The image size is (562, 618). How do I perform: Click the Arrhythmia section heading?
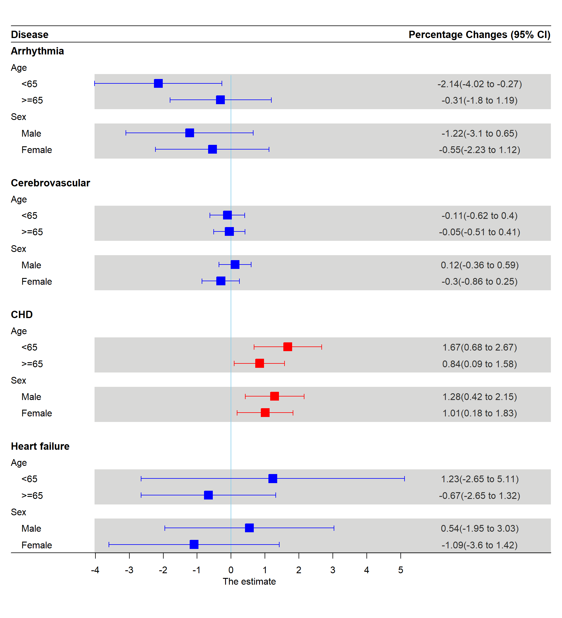click(37, 51)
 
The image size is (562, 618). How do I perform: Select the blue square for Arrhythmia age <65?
click(158, 83)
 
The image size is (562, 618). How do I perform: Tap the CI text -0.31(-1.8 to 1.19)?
click(479, 100)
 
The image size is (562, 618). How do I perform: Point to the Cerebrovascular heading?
click(50, 183)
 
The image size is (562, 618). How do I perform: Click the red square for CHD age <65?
click(288, 347)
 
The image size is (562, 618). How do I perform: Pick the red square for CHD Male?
click(274, 396)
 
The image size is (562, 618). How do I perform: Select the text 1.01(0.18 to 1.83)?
click(479, 413)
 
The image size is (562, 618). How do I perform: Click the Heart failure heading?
click(40, 446)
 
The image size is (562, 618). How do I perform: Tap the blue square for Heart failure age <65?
click(273, 478)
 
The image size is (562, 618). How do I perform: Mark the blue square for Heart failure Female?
click(194, 545)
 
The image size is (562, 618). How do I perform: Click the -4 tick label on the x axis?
click(95, 570)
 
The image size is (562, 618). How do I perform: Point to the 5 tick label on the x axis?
click(400, 570)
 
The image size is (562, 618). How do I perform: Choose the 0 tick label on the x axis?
click(231, 570)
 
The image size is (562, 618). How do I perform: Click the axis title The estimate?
click(249, 581)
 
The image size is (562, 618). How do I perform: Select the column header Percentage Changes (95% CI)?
click(479, 35)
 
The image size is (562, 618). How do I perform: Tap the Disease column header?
click(30, 35)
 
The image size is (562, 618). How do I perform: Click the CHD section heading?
click(22, 315)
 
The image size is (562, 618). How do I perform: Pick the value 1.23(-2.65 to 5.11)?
click(479, 479)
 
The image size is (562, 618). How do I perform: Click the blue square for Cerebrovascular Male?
click(235, 264)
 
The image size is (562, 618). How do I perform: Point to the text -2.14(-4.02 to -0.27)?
click(479, 84)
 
